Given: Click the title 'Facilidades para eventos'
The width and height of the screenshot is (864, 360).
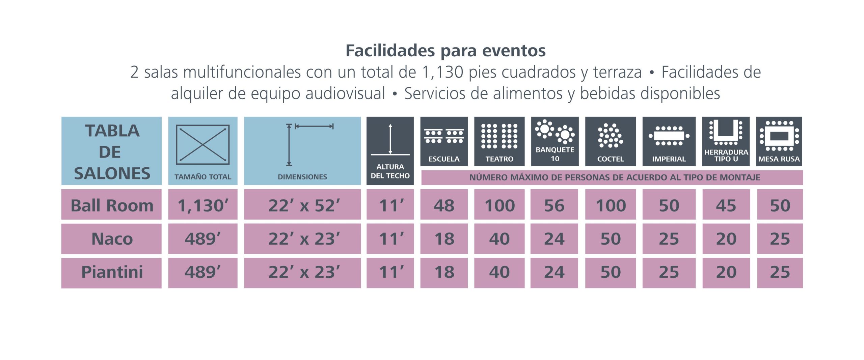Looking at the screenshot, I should pos(446,51).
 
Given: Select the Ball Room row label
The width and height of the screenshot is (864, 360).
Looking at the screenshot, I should pos(112,205).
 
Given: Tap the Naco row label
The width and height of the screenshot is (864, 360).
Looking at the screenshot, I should pos(112,239).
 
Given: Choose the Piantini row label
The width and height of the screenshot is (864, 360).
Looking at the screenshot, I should pos(112,272).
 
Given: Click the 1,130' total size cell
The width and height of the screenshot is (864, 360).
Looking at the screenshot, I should pos(203,205).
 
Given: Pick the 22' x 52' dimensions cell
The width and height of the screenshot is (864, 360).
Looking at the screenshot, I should pos(303,205).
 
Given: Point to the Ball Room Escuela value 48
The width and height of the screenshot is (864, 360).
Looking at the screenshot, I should pos(444,205).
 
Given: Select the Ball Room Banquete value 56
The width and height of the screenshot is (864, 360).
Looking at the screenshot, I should pos(554,205).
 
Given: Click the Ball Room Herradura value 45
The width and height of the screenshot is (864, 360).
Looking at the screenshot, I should pos(726,205).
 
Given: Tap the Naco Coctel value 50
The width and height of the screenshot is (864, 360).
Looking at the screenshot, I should pos(611,239).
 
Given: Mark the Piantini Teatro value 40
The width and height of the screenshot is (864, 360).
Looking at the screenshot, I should pos(499,272).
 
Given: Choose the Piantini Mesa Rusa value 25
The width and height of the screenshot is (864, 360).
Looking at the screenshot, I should pos(780,272).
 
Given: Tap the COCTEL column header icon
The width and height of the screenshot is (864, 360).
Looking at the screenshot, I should pos(611,136).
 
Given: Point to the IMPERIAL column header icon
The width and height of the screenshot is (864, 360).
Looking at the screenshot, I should pos(669,136).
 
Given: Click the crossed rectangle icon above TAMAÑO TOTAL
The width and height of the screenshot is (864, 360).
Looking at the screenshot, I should pos(203,144).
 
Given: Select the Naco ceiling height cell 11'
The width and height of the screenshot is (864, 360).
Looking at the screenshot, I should pos(390,239).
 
